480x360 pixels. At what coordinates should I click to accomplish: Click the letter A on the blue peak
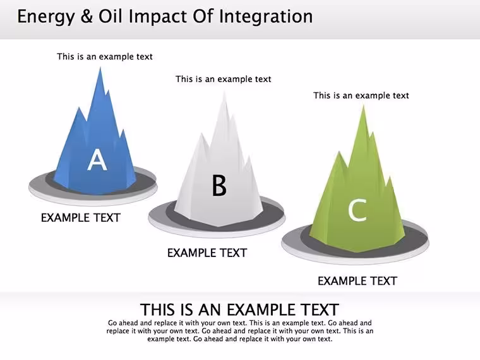click(97, 160)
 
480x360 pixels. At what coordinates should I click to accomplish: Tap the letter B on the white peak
click(219, 185)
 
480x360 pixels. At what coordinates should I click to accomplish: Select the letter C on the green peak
click(357, 210)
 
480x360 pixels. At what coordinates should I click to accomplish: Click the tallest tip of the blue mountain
click(100, 68)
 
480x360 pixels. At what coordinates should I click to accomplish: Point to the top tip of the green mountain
click(363, 105)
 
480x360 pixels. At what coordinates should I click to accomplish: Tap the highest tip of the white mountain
click(224, 92)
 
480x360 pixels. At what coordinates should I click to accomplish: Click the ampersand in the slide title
click(87, 16)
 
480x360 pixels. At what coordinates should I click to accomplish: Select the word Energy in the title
click(46, 17)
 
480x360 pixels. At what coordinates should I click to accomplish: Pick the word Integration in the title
click(266, 17)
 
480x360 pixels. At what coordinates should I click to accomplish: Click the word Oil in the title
click(111, 16)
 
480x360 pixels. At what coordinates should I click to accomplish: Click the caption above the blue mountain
click(105, 57)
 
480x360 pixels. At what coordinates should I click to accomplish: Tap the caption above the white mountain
click(224, 80)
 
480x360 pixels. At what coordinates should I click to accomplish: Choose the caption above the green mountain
click(361, 95)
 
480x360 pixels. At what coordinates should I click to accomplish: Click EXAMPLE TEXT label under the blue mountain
click(81, 218)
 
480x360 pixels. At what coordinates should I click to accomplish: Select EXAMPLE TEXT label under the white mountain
click(207, 253)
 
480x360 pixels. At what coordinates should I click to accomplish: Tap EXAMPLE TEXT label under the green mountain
click(357, 281)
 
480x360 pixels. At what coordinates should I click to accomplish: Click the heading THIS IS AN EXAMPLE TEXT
click(240, 309)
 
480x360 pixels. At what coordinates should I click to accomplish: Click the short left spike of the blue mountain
click(80, 108)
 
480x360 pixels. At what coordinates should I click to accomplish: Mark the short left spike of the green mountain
click(339, 152)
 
